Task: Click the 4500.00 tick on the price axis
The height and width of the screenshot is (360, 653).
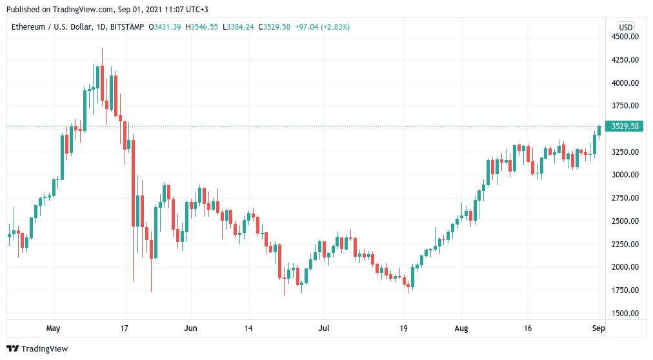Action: pyautogui.click(x=625, y=37)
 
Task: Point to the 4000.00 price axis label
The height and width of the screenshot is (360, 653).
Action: pyautogui.click(x=625, y=83)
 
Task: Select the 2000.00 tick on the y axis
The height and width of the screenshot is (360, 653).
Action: pyautogui.click(x=625, y=267)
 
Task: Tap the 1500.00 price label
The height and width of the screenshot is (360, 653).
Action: pyautogui.click(x=625, y=313)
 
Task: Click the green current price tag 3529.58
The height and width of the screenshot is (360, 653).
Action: pyautogui.click(x=625, y=126)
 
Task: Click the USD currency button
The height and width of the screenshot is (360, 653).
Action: pyautogui.click(x=625, y=27)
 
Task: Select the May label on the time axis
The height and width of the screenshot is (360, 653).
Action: pyautogui.click(x=53, y=328)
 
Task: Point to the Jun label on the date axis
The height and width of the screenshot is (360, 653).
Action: pyautogui.click(x=190, y=328)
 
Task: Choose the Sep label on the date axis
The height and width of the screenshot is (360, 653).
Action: pyautogui.click(x=598, y=328)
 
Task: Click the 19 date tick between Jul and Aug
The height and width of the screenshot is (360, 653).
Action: pyautogui.click(x=404, y=328)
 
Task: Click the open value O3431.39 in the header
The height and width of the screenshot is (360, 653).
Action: pyautogui.click(x=166, y=27)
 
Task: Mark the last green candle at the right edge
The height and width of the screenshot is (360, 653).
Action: pyautogui.click(x=599, y=130)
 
